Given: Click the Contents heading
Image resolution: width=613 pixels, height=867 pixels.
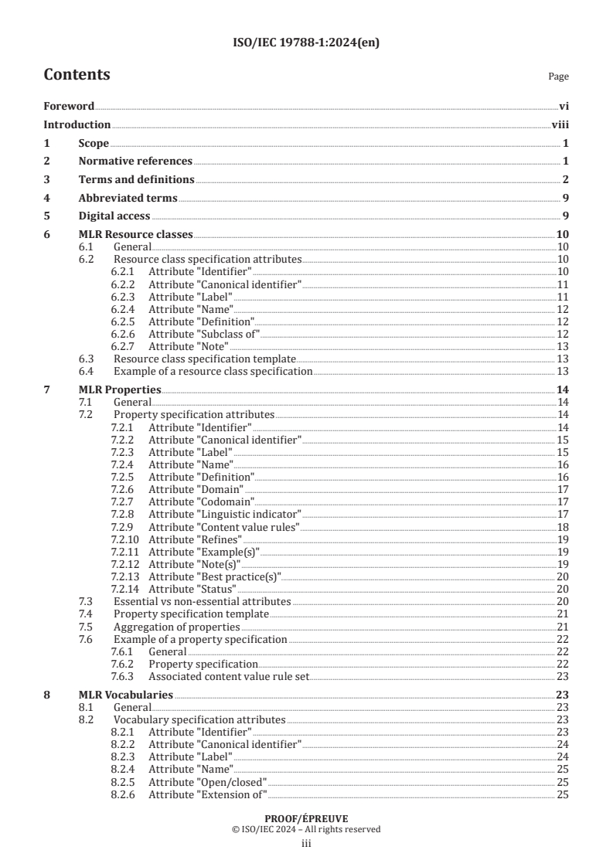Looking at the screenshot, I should (77, 75).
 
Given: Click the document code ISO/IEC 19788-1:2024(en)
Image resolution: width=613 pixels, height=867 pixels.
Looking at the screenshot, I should (306, 42).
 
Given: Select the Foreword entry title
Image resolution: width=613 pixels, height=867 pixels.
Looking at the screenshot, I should (69, 106).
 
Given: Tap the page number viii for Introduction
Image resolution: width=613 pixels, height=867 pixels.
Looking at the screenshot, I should (560, 124).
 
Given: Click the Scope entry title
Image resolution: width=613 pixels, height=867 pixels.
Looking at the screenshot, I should (93, 143).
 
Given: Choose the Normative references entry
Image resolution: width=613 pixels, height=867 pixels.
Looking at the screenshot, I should (135, 161).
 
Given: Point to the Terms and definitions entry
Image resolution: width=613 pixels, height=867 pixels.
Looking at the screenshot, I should (136, 180).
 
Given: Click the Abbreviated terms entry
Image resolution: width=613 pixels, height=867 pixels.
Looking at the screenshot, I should (128, 199).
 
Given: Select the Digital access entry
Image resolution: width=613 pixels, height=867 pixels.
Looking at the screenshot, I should (114, 216).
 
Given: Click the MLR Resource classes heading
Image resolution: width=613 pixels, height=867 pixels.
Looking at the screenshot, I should (135, 235).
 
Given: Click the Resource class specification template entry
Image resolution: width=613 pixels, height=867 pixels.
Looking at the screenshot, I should (205, 359).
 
